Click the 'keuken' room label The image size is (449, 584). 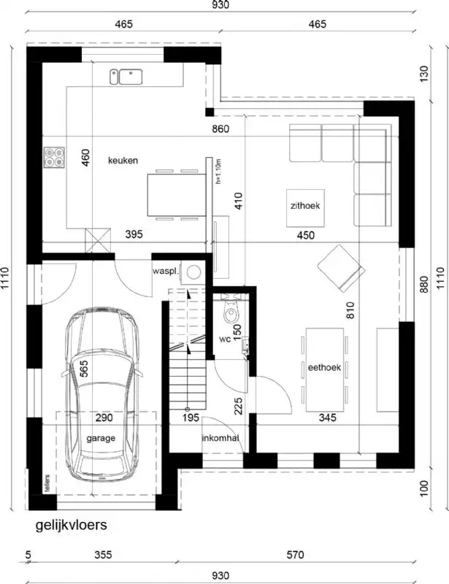pyautogui.click(x=123, y=161)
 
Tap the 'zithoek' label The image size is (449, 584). pyautogui.click(x=305, y=206)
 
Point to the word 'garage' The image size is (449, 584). pyautogui.click(x=101, y=439)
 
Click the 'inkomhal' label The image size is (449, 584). pyautogui.click(x=220, y=438)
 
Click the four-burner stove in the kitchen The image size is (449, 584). pyautogui.click(x=54, y=157)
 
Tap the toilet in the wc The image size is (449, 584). pyautogui.click(x=231, y=312)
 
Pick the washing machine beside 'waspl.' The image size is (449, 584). pyautogui.click(x=194, y=272)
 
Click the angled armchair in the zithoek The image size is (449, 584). pyautogui.click(x=339, y=266)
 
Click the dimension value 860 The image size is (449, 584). pyautogui.click(x=221, y=130)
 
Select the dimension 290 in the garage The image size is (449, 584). pyautogui.click(x=105, y=418)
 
